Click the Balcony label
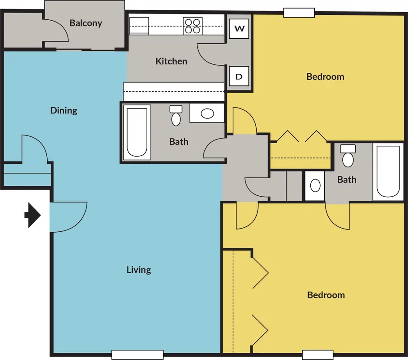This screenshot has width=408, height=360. (x=86, y=23)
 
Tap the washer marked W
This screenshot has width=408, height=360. (x=239, y=28)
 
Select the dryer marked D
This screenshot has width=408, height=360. (x=239, y=76)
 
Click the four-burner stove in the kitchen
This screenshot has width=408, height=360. (x=193, y=26)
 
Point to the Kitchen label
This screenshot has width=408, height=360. (x=171, y=61)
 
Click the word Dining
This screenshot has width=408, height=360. (x=63, y=111)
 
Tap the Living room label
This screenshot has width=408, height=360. (x=139, y=270)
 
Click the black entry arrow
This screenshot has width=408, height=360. (x=32, y=215)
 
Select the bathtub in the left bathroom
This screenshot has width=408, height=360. (x=137, y=132)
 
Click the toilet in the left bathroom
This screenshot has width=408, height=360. (x=176, y=116)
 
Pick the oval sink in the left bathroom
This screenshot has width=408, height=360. (x=207, y=113)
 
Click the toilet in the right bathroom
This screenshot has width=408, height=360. (x=348, y=156)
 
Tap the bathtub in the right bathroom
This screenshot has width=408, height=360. (x=388, y=172)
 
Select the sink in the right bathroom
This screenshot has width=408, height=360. (x=315, y=185)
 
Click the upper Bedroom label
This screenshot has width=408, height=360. (x=325, y=76)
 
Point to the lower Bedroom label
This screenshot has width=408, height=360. (x=326, y=295)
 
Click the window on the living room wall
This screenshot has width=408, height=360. (x=137, y=355)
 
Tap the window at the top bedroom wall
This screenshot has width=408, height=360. (x=299, y=13)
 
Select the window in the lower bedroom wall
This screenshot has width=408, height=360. (x=317, y=355)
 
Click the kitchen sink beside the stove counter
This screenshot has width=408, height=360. (x=139, y=26)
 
